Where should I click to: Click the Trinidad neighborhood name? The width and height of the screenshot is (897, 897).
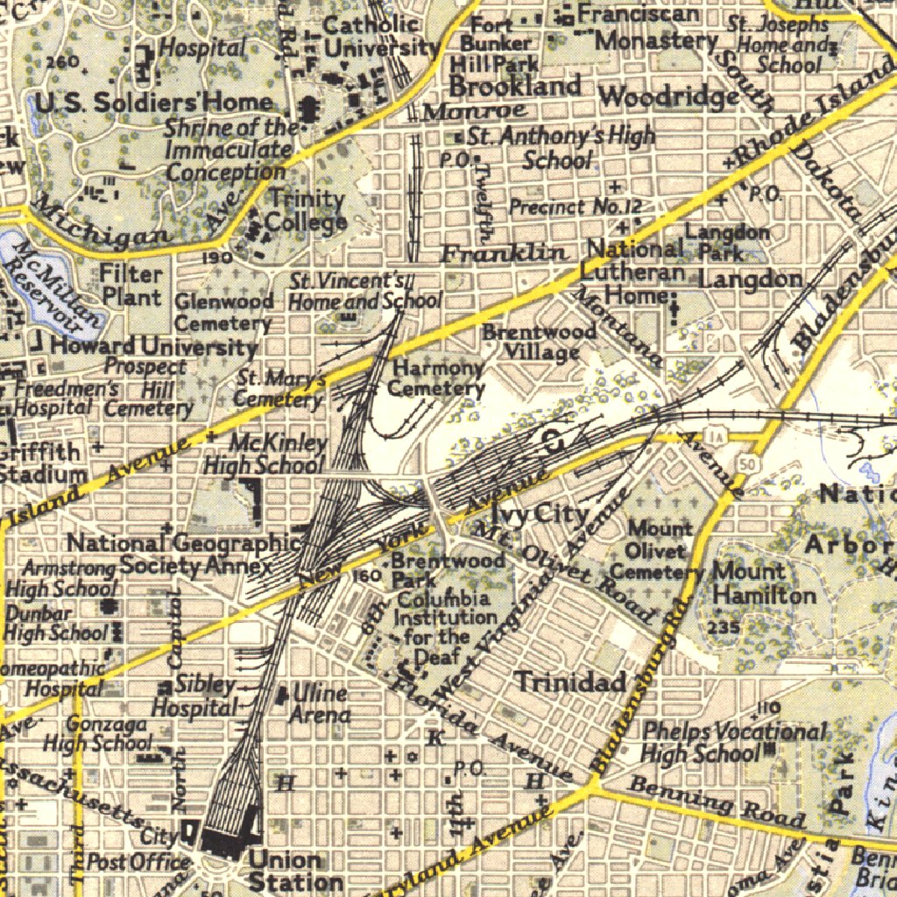click(570, 682)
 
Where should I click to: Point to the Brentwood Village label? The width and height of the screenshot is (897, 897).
click(540, 342)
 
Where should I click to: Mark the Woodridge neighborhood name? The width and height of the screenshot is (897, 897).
click(669, 95)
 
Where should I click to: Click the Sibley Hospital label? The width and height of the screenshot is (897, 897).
click(195, 695)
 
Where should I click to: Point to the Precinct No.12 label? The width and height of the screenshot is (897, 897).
click(576, 208)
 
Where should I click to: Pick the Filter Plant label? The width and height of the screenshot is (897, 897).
click(131, 285)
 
